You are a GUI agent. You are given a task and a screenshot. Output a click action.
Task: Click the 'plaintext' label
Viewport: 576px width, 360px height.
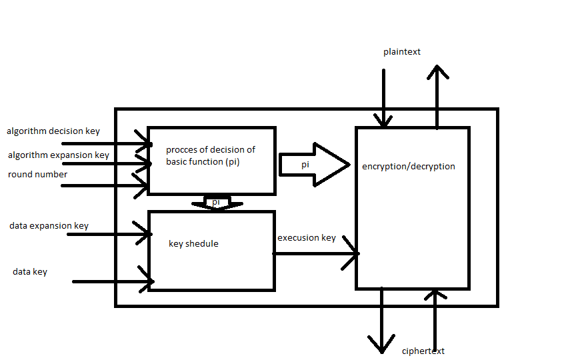click(x=401, y=52)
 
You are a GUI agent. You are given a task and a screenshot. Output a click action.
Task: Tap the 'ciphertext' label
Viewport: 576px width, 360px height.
click(x=423, y=351)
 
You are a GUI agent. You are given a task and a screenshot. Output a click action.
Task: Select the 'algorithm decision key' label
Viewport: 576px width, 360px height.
click(x=53, y=131)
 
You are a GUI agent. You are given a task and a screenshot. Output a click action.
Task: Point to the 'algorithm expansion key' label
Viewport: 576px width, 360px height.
click(x=59, y=155)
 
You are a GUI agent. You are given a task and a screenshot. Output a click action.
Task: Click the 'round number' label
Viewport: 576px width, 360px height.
click(x=37, y=175)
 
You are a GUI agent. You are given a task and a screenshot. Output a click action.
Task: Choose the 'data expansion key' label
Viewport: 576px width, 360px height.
click(x=49, y=226)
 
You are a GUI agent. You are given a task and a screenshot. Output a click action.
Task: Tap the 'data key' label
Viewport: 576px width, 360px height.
click(x=30, y=272)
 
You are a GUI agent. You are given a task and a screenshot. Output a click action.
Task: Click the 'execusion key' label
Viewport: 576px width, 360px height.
click(x=307, y=238)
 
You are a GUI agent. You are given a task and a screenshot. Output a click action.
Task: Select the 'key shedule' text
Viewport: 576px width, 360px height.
click(x=193, y=244)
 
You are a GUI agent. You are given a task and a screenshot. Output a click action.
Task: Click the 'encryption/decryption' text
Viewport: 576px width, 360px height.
click(x=408, y=166)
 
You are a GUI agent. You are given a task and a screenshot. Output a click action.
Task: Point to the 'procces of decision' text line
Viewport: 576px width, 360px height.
click(x=211, y=150)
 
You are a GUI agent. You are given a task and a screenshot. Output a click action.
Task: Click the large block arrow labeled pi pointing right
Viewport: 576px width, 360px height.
click(x=313, y=164)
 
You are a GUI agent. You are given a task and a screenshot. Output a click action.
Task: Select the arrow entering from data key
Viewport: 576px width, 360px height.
click(x=113, y=281)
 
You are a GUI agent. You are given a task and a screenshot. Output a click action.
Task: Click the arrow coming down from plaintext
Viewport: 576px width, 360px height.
click(x=383, y=100)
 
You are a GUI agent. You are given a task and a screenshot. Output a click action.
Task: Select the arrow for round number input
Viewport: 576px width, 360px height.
click(x=107, y=185)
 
